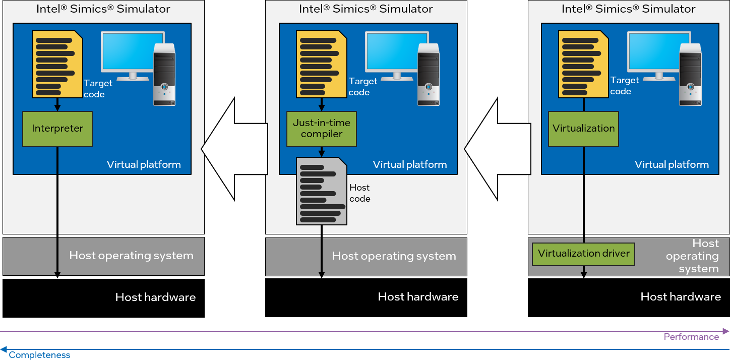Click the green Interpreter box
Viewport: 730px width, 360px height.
coord(57,129)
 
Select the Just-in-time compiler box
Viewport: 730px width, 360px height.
coord(322,129)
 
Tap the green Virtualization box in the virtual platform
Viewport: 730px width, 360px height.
coord(583,129)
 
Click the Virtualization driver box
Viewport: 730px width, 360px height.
coord(583,254)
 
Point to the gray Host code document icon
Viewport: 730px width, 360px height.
coord(321,191)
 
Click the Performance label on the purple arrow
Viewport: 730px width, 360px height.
coord(691,337)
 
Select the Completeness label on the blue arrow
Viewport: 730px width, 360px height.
coord(39,355)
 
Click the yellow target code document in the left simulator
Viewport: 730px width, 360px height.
coord(57,64)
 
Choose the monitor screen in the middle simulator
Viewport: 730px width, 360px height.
coord(396,51)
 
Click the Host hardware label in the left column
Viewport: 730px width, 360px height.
coord(155,297)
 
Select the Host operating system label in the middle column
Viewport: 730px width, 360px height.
coord(393,256)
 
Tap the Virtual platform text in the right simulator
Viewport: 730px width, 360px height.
coord(672,164)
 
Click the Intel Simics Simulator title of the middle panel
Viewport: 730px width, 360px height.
coord(366,9)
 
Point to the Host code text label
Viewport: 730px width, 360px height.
coord(359,193)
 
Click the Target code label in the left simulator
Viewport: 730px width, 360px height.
coord(94,89)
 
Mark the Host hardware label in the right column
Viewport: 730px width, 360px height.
coord(681,296)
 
